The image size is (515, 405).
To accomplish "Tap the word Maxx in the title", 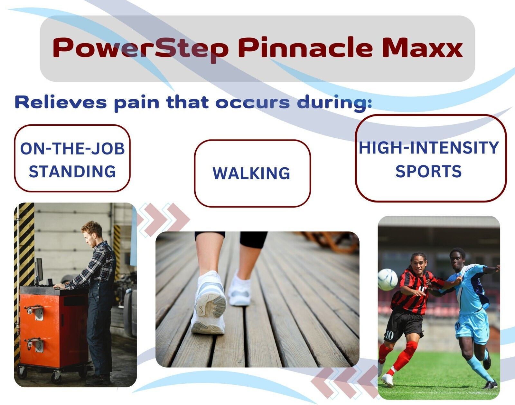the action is coord(422,47).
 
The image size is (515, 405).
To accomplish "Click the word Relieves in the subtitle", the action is coord(61,102).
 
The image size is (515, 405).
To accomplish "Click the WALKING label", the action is coord(251,173).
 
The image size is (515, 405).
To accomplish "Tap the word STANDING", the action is coord(72,172).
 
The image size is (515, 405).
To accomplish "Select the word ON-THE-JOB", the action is coord(72,149).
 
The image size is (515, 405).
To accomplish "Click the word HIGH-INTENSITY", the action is coord(429,148).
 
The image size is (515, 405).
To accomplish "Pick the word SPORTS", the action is coord(428,171).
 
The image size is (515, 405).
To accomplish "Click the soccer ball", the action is coord(388,280).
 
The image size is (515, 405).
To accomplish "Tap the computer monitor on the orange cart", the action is coord(39,271).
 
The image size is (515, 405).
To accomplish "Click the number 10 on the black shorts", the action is coord(389,335).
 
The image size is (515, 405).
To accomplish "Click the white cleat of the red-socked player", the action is coord(387,380).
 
